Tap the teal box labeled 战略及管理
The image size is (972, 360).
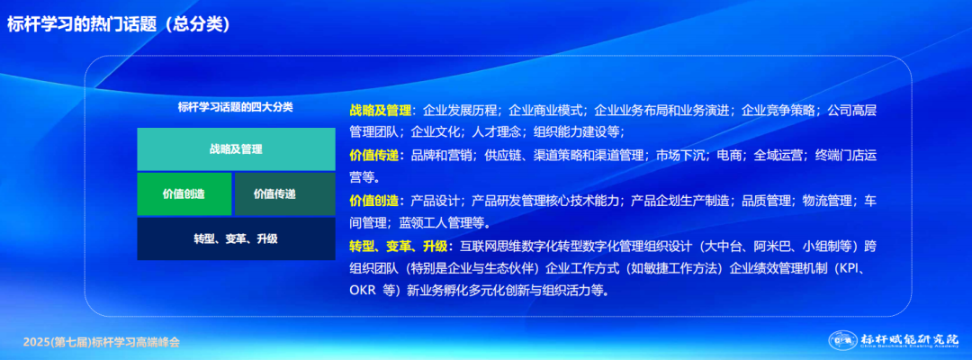click(x=236, y=149)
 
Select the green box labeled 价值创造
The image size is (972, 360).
click(x=184, y=193)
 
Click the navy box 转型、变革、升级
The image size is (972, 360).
click(x=236, y=238)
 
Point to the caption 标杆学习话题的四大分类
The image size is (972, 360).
click(x=236, y=107)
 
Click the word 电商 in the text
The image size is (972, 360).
click(x=729, y=155)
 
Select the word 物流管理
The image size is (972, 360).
click(x=826, y=200)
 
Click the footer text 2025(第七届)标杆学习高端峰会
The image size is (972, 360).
click(x=102, y=342)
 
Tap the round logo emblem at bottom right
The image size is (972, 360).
click(x=841, y=341)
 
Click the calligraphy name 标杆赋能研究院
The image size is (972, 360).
click(x=909, y=338)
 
